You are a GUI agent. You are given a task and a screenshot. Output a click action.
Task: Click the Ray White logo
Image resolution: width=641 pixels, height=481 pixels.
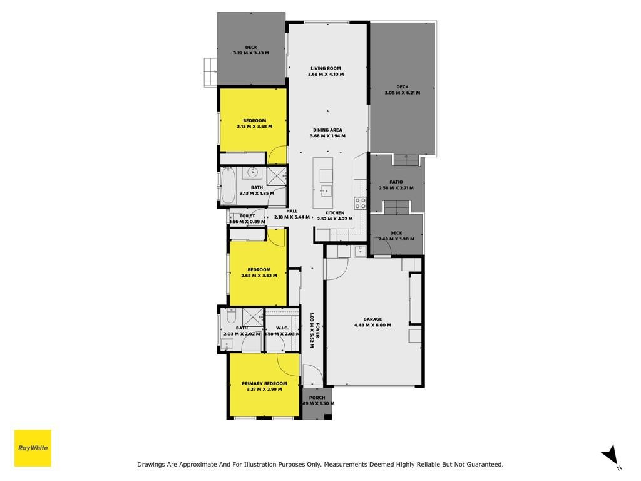pyautogui.click(x=33, y=448)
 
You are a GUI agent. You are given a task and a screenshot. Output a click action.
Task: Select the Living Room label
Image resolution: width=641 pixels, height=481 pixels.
pyautogui.click(x=326, y=68)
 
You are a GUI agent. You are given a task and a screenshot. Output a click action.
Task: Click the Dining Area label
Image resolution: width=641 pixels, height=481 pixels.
pyautogui.click(x=327, y=130)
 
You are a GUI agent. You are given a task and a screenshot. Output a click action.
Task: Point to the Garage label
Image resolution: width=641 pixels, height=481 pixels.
pyautogui.click(x=372, y=319)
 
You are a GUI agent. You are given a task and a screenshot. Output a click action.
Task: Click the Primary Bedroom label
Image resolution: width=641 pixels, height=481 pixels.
pyautogui.click(x=265, y=383)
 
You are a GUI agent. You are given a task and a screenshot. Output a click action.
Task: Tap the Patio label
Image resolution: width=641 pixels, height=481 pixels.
pyautogui.click(x=396, y=182)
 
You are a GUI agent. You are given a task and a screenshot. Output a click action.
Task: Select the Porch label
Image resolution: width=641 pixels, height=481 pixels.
pyautogui.click(x=317, y=398)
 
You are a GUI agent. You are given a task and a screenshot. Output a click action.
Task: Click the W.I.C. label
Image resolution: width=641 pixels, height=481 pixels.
pyautogui.click(x=282, y=328)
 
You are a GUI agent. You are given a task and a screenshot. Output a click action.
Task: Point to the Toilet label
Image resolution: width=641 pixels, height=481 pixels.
pyautogui.click(x=247, y=216)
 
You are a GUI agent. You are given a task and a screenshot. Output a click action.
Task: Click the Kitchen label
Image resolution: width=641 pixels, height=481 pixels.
pyautogui.click(x=335, y=213)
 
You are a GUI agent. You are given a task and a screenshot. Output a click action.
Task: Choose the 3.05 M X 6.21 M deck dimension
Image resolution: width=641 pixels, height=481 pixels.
pyautogui.click(x=403, y=93)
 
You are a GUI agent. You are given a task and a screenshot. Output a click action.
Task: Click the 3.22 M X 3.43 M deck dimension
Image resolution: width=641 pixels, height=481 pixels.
pyautogui.click(x=251, y=53)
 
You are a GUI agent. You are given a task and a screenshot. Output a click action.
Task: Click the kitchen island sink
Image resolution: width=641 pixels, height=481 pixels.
pyautogui.click(x=326, y=190)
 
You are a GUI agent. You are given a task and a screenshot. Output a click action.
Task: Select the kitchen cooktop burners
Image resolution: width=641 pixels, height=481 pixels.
pyautogui.click(x=360, y=204)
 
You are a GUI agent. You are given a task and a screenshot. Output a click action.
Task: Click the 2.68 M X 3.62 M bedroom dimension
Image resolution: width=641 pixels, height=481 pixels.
pyautogui.click(x=259, y=276)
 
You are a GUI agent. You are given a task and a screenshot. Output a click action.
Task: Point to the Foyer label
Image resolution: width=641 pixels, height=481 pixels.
pyautogui.click(x=317, y=330)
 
